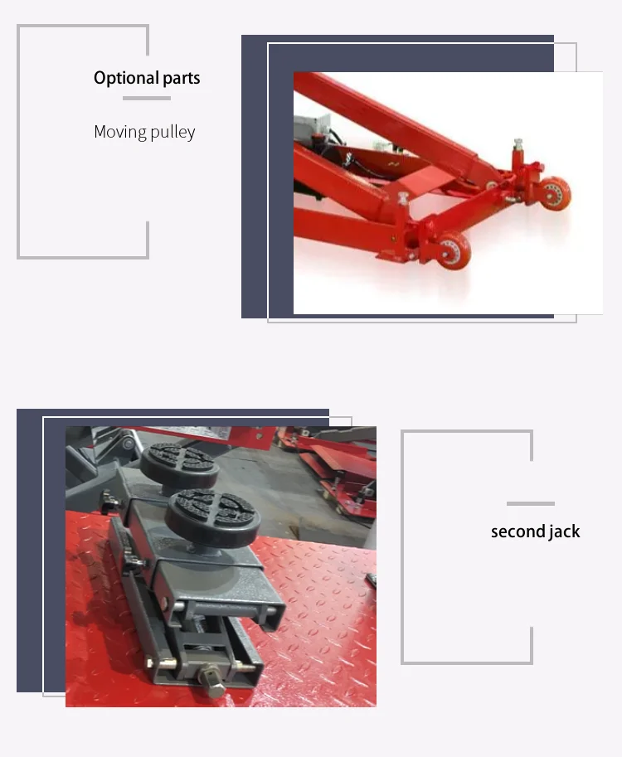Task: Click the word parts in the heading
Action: [180, 79]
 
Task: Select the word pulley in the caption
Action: [172, 133]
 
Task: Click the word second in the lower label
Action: [517, 531]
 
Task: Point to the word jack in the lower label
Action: [564, 531]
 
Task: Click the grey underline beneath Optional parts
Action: [147, 98]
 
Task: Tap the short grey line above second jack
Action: [530, 503]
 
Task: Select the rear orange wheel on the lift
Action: [556, 192]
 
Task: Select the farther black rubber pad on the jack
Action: [178, 461]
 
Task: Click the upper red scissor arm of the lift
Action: [390, 116]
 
